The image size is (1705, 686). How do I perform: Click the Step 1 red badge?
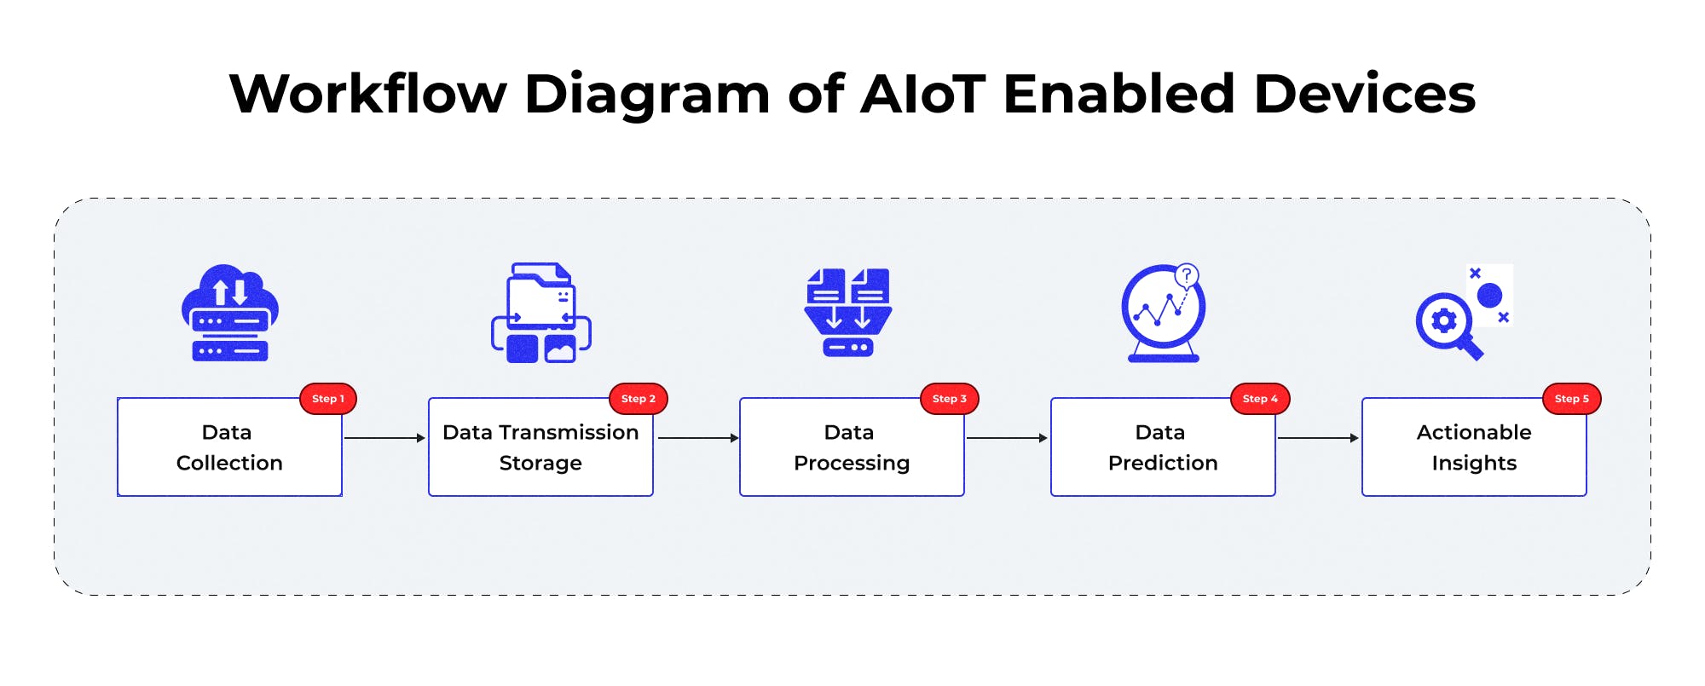(327, 399)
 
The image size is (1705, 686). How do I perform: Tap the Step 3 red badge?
(949, 399)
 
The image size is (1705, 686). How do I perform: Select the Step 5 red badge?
(1571, 399)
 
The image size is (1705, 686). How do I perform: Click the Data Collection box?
(229, 447)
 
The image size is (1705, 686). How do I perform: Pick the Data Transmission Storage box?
(540, 447)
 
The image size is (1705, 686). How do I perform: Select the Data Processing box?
(852, 447)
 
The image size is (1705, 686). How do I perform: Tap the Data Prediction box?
(1163, 447)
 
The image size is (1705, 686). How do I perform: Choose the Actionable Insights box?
(1474, 447)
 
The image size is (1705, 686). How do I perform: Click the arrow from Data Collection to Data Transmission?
(384, 438)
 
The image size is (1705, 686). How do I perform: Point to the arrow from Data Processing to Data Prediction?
(1006, 438)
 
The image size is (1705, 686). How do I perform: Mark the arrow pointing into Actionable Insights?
(1317, 438)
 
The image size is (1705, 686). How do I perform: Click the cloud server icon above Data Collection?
(230, 313)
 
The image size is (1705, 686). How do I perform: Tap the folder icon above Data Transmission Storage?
(540, 313)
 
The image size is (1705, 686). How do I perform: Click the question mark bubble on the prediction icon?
(1186, 275)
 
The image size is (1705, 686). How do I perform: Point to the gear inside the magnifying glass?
(1443, 321)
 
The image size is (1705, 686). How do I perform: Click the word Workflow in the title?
(368, 94)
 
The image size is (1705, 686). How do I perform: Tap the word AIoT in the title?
(923, 94)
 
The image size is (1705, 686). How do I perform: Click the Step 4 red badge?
(1260, 399)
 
